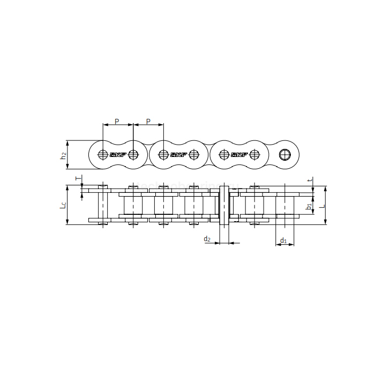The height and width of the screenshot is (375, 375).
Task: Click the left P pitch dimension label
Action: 117,121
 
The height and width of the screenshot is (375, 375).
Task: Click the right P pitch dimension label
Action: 148,121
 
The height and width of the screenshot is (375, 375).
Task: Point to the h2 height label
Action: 63,155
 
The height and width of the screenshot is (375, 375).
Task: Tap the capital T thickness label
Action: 77,178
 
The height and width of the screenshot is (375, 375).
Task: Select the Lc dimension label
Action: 63,205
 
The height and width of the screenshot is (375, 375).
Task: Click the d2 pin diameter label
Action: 207,238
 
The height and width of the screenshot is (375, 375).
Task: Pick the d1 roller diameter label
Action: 284,241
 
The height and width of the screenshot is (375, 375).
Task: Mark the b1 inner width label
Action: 309,206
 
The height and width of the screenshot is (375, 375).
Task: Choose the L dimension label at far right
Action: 321,205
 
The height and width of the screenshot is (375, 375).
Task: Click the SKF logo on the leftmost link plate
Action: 117,155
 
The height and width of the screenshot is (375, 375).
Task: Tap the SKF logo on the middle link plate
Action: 178,155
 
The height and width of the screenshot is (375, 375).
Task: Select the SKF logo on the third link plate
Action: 239,155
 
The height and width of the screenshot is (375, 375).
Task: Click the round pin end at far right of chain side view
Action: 285,155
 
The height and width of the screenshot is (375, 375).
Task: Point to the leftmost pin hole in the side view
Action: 103,155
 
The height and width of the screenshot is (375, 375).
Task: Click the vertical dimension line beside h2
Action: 67,155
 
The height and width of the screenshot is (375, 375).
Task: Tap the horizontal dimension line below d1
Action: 284,245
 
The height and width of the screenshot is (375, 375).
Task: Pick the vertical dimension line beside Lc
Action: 67,205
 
